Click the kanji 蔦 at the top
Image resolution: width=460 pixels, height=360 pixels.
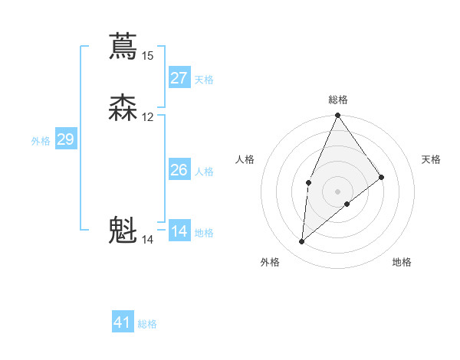[x=123, y=46]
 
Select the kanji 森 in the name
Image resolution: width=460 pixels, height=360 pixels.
[x=123, y=108]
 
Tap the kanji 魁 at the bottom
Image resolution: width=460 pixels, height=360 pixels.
[x=123, y=231]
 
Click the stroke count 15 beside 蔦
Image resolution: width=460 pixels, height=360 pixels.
[x=147, y=55]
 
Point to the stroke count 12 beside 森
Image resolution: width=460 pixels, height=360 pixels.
[x=147, y=117]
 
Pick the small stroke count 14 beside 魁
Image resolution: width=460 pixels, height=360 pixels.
[x=147, y=240]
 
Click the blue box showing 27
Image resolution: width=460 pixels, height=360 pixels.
[x=179, y=78]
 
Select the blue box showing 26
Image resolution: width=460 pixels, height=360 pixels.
[x=179, y=170]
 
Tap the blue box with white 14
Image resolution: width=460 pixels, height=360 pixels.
[x=179, y=231]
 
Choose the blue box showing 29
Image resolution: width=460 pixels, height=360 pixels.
[x=65, y=139]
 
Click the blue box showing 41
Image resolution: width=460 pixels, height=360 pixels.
[x=123, y=322]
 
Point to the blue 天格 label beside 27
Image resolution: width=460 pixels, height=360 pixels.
[x=204, y=80]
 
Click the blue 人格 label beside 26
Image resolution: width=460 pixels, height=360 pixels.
[x=204, y=172]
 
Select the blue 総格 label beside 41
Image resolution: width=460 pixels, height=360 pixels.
[x=147, y=324]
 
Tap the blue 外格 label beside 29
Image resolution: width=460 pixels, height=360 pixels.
[x=41, y=141]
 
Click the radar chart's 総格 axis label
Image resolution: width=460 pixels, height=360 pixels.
[x=338, y=100]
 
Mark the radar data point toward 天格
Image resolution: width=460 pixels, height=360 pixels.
[x=382, y=177]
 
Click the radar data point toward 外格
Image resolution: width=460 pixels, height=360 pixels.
[x=302, y=242]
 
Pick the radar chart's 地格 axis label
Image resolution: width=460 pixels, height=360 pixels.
[x=402, y=263]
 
